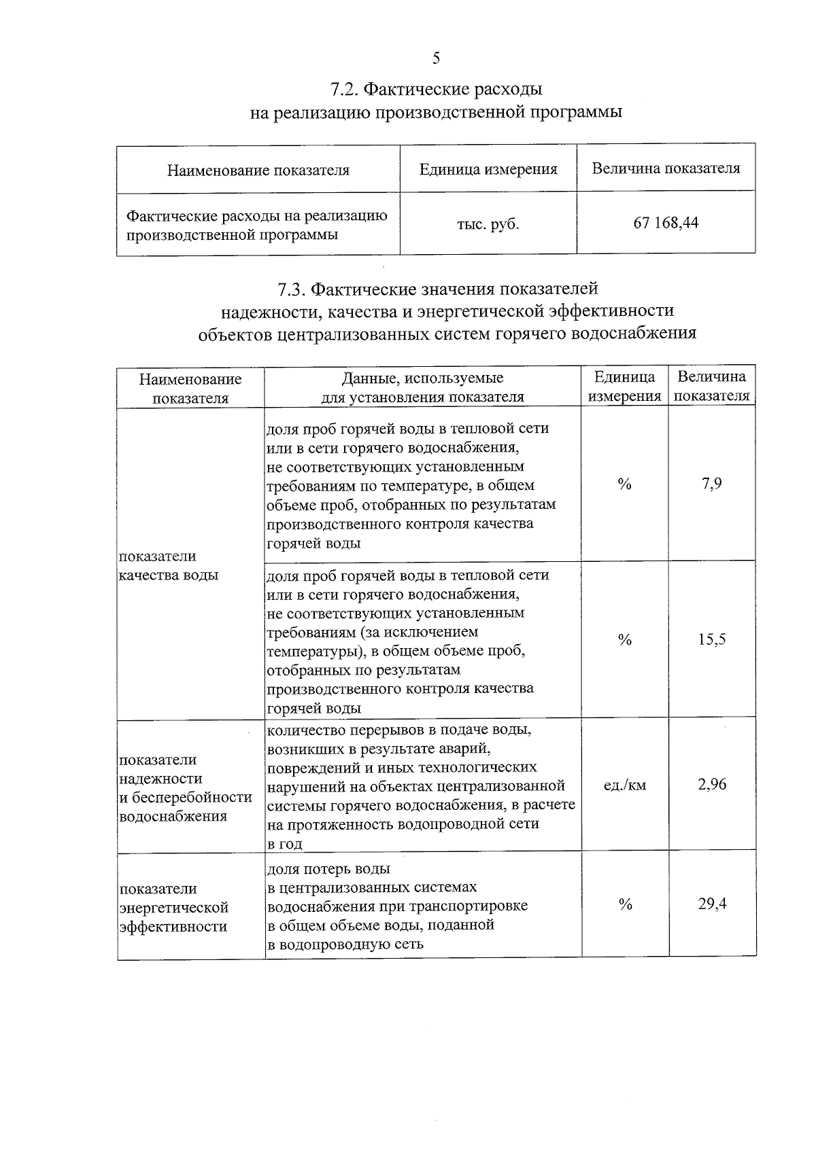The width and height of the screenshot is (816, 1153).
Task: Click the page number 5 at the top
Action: tap(436, 58)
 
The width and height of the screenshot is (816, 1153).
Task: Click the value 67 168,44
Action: tap(666, 223)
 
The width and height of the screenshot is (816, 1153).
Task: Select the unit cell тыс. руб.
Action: tap(488, 224)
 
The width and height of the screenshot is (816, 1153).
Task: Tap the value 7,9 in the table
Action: tap(712, 484)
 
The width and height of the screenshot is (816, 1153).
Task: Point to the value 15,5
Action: tap(712, 639)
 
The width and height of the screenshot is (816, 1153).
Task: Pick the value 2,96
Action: tap(712, 785)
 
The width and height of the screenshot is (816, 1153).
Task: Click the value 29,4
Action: tap(712, 904)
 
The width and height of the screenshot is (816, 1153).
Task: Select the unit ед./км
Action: tap(625, 785)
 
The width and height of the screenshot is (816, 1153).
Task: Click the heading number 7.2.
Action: tap(343, 89)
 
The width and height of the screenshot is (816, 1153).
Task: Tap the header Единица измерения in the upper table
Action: tap(488, 169)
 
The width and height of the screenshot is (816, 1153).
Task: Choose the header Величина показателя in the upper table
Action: tap(666, 168)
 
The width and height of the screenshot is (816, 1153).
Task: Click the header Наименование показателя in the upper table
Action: tap(258, 170)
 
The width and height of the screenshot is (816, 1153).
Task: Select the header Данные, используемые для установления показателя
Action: tap(422, 387)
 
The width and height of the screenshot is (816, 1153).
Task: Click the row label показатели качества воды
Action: tap(169, 565)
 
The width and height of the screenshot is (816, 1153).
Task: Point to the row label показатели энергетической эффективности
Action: tap(174, 908)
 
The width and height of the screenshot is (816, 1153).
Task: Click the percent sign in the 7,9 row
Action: tap(624, 484)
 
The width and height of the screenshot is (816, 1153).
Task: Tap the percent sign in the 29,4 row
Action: tap(625, 904)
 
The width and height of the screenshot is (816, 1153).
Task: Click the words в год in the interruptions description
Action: tap(284, 844)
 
